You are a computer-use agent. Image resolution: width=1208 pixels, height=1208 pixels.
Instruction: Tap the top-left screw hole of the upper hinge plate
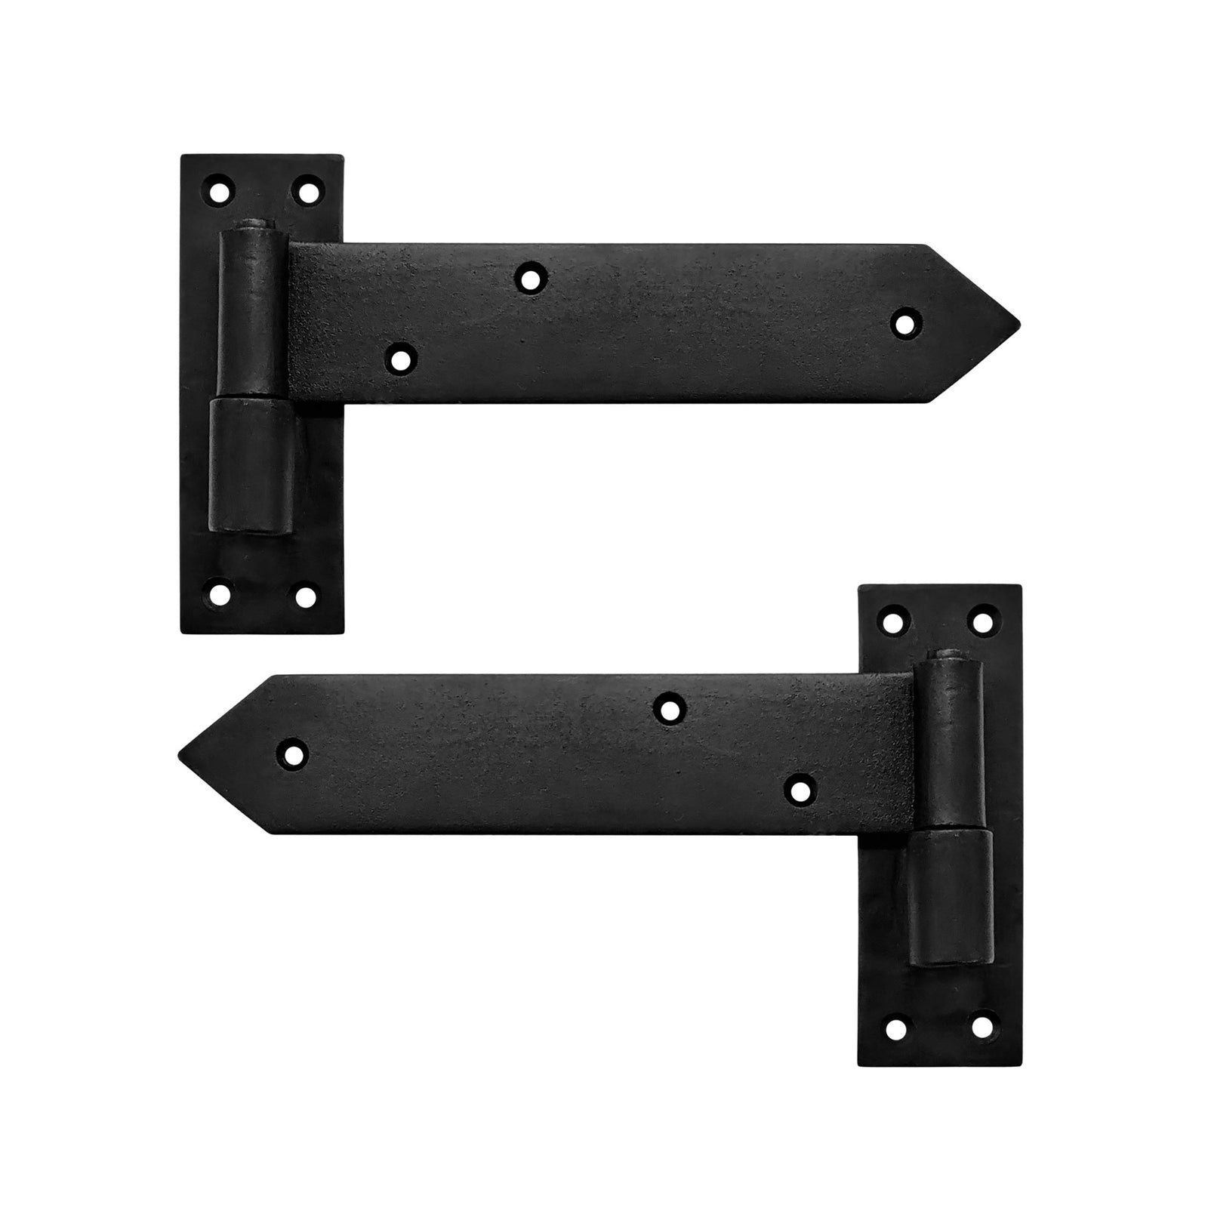(x=219, y=190)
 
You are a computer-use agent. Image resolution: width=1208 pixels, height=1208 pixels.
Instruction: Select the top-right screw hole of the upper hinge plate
(x=307, y=190)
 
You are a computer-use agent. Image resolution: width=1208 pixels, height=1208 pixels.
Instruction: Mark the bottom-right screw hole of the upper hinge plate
(x=306, y=596)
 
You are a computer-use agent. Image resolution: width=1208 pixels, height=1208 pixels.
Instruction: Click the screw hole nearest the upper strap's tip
(x=905, y=322)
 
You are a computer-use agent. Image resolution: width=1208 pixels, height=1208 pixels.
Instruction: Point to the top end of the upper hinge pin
(x=255, y=225)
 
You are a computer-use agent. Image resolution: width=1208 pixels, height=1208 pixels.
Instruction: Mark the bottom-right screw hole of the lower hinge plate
(x=981, y=1028)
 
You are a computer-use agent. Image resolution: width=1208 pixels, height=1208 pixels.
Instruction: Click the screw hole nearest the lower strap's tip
(x=293, y=754)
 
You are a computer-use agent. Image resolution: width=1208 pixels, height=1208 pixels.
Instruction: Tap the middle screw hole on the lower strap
(x=668, y=709)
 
